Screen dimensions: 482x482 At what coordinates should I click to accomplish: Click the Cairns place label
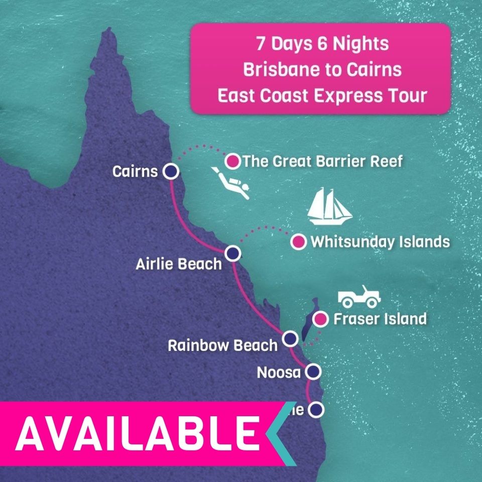135,172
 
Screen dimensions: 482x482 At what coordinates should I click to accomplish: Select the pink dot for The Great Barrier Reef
232,161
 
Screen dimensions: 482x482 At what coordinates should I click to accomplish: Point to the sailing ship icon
329,207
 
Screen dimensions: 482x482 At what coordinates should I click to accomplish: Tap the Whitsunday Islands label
380,242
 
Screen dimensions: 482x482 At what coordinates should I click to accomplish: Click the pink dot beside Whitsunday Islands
299,242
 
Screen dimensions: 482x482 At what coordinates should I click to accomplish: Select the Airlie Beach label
178,264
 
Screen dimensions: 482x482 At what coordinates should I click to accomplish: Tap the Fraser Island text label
380,319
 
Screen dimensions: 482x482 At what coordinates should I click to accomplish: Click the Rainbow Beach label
222,346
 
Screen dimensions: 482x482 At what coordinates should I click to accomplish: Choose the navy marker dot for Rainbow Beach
290,339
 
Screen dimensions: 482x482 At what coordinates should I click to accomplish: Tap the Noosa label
278,373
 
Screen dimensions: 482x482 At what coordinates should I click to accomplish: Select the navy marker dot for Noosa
313,372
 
